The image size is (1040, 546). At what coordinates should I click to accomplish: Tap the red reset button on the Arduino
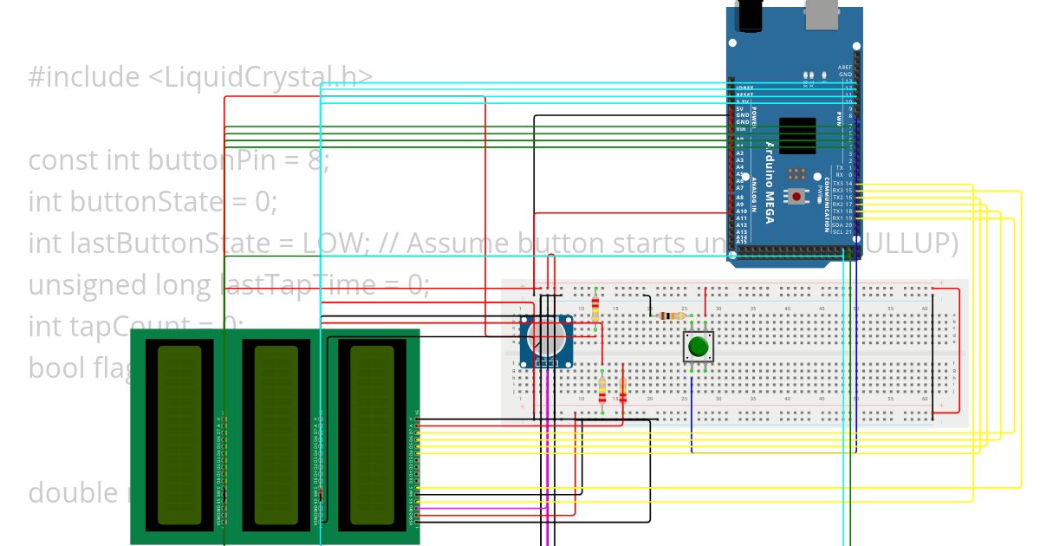[796, 197]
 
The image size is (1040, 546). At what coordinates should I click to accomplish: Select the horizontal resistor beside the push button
[667, 316]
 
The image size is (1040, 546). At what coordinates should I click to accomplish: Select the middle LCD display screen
[276, 434]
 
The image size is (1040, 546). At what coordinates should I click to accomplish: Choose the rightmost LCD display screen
[371, 434]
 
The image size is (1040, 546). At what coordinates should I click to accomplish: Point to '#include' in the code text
[79, 77]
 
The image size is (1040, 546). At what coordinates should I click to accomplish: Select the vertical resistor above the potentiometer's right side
[595, 308]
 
